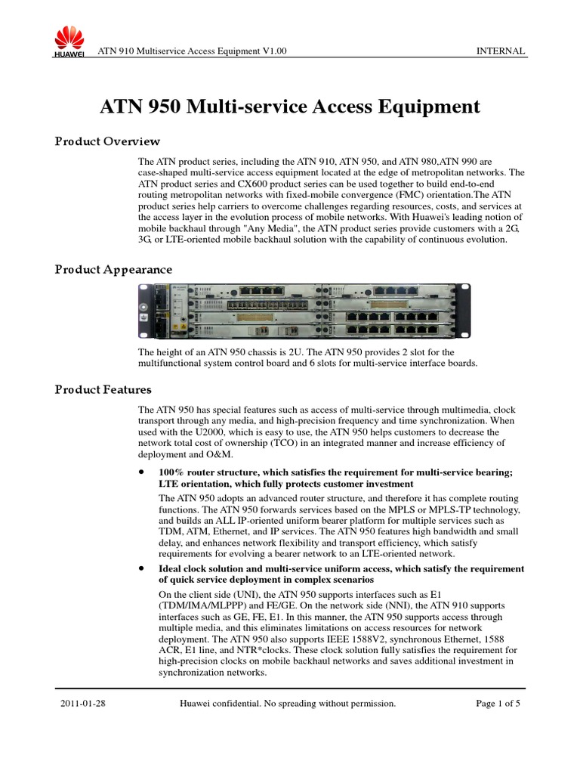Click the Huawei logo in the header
[x=67, y=41]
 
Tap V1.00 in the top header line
[x=274, y=51]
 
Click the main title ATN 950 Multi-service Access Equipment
[x=290, y=107]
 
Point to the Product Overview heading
[x=107, y=141]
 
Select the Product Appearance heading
[x=113, y=270]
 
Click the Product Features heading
[x=103, y=389]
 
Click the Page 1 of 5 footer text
[x=498, y=704]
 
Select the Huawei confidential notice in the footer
[x=287, y=704]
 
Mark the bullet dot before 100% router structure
[x=141, y=472]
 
